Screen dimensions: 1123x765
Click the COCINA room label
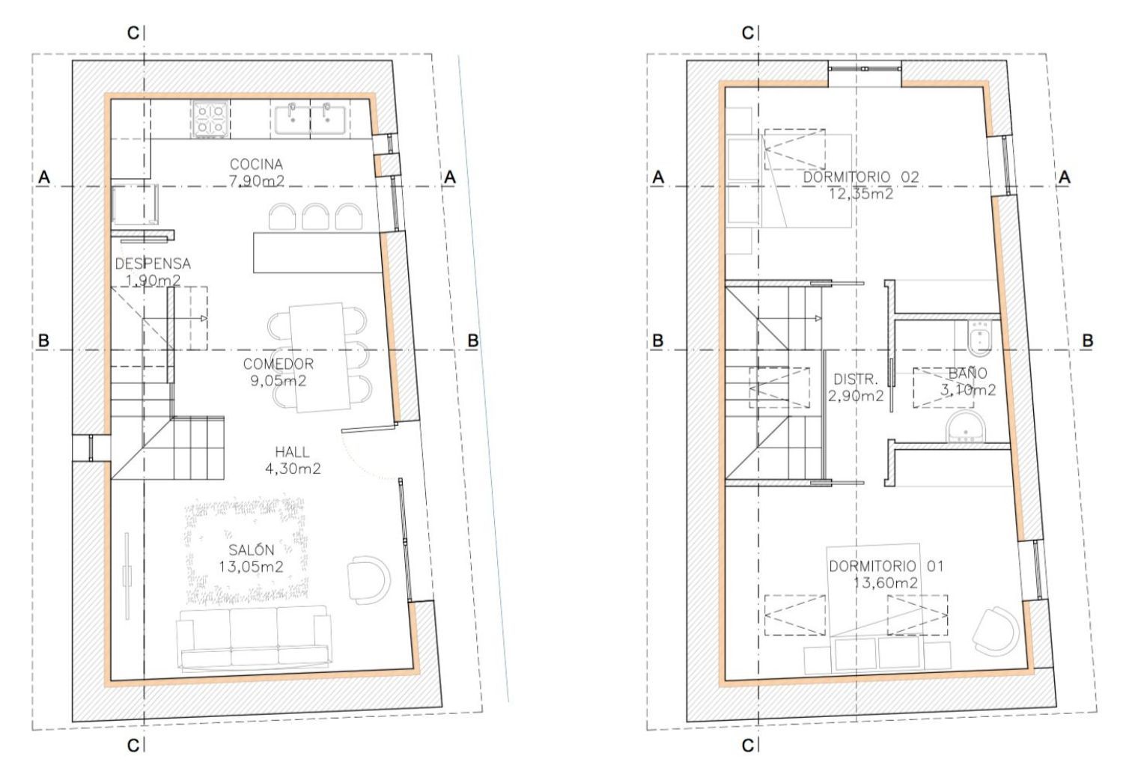[256, 164]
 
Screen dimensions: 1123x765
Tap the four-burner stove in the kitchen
[210, 119]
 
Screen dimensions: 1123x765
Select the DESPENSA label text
[153, 263]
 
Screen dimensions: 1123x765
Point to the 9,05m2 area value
[279, 381]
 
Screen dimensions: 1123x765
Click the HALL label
[292, 452]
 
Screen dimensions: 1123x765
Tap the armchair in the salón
[369, 580]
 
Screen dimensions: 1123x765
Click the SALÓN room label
[251, 550]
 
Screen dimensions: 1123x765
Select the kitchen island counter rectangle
[318, 252]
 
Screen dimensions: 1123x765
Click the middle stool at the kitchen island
[315, 216]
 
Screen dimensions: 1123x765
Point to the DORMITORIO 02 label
[861, 177]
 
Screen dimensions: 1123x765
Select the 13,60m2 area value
[886, 583]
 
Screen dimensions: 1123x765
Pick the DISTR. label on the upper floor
[856, 379]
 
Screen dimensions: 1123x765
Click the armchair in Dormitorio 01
[996, 632]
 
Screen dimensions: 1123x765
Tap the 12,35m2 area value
[861, 194]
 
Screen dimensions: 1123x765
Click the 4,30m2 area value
[293, 469]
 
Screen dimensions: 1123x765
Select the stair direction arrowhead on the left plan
[204, 318]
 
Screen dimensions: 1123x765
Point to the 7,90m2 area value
[257, 181]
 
